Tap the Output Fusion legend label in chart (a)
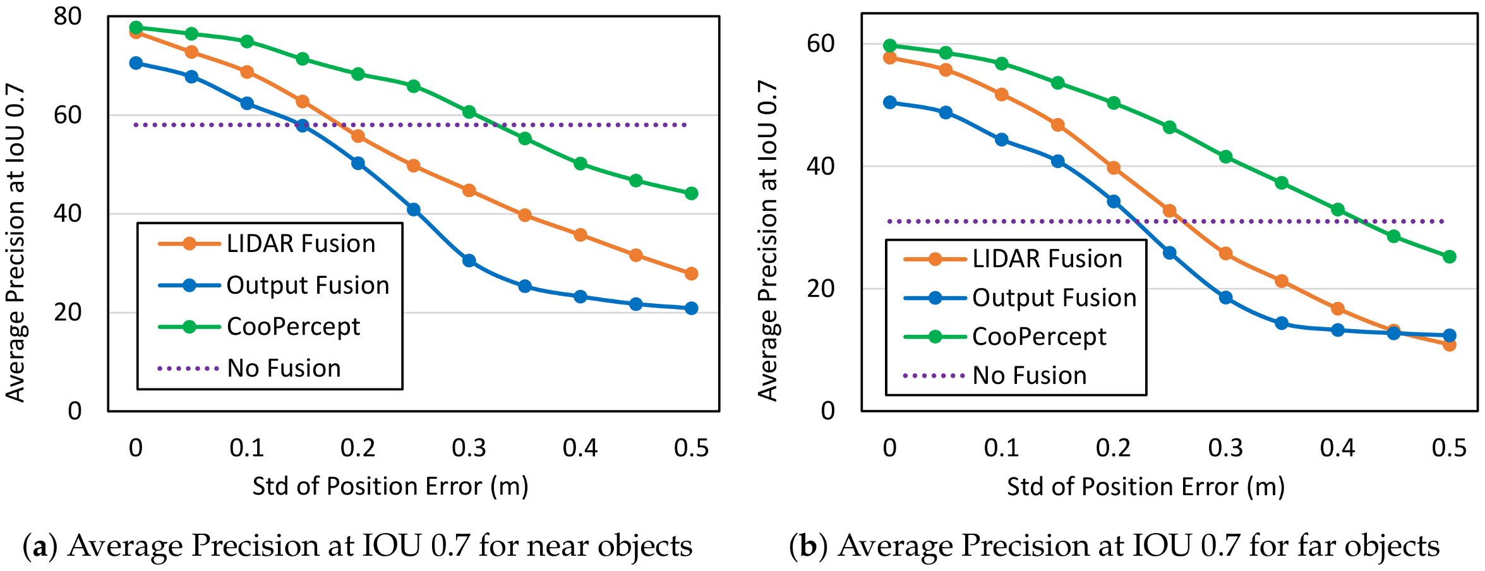tap(308, 285)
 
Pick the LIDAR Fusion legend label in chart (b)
tap(1047, 259)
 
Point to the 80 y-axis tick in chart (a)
tap(68, 16)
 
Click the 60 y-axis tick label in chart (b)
tap(821, 44)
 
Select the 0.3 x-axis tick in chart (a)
tap(469, 448)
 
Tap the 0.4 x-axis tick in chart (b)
tap(1337, 448)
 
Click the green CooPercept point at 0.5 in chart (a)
tap(692, 193)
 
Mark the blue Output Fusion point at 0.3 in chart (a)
tap(469, 261)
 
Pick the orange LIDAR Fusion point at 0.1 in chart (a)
tap(247, 72)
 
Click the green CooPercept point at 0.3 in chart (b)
tap(1226, 157)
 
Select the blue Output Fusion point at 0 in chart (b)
tap(890, 102)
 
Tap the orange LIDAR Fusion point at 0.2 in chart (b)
tap(1114, 168)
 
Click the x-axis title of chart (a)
tap(390, 486)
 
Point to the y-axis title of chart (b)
tap(767, 241)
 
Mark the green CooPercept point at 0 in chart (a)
tap(136, 28)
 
